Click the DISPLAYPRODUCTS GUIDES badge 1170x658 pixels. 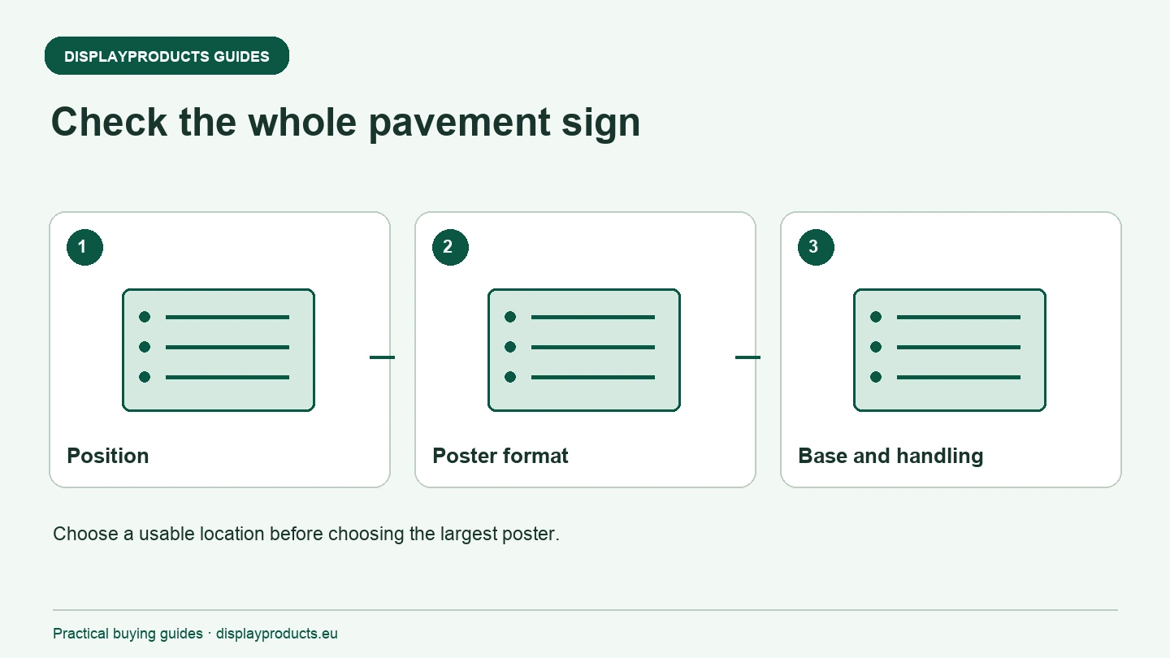167,56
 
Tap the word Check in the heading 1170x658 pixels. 109,122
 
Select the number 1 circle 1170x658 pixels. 84,247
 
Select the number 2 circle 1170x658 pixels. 450,247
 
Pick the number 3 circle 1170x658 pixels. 816,247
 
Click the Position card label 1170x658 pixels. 108,456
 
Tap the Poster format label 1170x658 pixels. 500,456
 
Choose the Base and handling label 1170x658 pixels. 890,456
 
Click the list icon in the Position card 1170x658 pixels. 219,350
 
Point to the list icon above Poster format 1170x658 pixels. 584,350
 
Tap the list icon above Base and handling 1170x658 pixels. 950,350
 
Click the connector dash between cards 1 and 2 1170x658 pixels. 383,357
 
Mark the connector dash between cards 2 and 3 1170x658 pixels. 748,357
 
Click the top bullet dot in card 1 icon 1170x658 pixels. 145,317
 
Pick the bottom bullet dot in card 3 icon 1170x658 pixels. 876,377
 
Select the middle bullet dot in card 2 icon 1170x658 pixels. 510,347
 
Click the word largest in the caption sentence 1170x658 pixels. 469,535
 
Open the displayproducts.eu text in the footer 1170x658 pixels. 277,634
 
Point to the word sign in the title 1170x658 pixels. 600,123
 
